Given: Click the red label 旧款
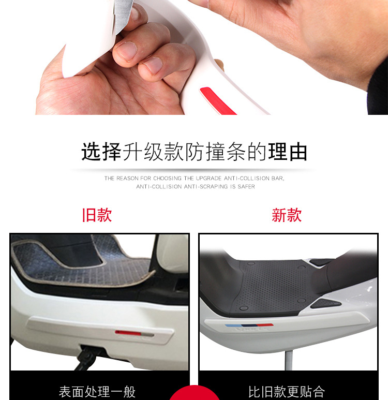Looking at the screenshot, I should [97, 215].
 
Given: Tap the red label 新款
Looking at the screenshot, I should [287, 215].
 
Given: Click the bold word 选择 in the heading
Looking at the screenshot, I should [101, 152].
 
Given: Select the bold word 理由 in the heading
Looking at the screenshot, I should [288, 152].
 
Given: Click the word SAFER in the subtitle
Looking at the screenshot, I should [246, 186].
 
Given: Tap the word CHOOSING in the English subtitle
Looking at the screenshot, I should [167, 179].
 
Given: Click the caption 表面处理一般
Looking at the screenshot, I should [97, 392].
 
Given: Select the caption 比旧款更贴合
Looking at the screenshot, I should [287, 392].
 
